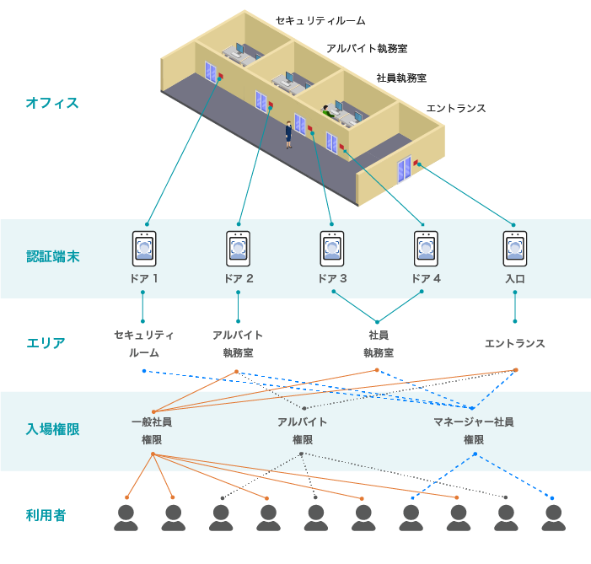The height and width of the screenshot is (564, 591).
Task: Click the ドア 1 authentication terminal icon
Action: [144, 249]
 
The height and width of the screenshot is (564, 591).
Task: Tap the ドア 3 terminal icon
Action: [331, 249]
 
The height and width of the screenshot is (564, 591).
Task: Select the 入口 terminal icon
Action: [515, 249]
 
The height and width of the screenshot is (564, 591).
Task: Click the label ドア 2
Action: [239, 278]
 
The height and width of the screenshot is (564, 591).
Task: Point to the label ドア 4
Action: [426, 278]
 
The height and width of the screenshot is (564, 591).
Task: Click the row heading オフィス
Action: [52, 103]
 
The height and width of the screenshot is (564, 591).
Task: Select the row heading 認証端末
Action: [53, 256]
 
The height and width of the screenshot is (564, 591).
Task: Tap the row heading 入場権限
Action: [53, 429]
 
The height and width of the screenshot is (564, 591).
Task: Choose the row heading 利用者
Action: [46, 515]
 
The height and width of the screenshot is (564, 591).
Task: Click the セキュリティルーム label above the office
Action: [320, 21]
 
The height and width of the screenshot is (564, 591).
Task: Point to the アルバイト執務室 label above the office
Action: [367, 49]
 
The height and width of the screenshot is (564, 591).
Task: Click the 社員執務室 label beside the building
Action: [401, 78]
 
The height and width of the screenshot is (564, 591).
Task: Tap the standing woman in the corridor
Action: [288, 135]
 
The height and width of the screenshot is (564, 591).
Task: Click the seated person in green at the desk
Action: [328, 111]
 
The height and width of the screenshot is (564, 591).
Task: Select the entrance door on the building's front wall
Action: [405, 169]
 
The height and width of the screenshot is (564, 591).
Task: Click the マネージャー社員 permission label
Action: [474, 422]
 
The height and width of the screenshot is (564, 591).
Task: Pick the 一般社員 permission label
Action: [152, 422]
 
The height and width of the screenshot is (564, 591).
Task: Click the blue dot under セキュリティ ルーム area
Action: [144, 371]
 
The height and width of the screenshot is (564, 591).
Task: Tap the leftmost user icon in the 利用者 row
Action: [126, 518]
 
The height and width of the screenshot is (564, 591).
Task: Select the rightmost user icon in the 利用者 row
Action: [553, 518]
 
